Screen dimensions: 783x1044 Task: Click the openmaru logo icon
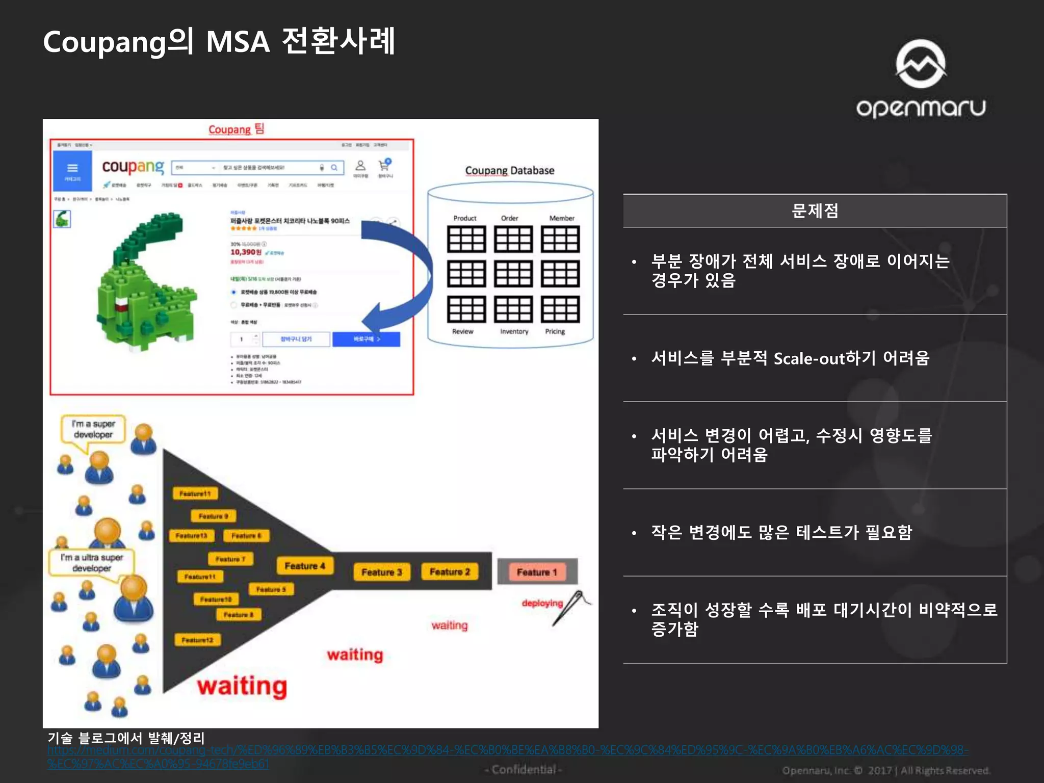point(921,63)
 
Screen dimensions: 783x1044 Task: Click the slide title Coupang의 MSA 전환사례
point(219,42)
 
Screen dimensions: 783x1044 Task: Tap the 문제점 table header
point(815,211)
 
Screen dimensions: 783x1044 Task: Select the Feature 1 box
point(537,572)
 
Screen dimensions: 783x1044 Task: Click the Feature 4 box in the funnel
point(305,566)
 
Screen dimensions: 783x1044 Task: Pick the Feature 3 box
point(382,572)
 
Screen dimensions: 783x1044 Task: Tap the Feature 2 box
point(450,572)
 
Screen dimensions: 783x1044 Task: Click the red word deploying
point(542,603)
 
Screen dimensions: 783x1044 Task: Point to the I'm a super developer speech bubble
point(93,429)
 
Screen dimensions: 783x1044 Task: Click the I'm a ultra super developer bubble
point(92,562)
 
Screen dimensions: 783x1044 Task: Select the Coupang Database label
point(510,171)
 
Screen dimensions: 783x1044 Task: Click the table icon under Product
point(466,239)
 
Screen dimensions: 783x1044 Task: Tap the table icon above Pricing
point(560,309)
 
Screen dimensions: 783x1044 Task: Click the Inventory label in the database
point(514,331)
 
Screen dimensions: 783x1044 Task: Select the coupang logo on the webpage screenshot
point(133,167)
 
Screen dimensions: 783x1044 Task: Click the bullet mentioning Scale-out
point(790,358)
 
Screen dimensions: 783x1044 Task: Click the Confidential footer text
point(524,769)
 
